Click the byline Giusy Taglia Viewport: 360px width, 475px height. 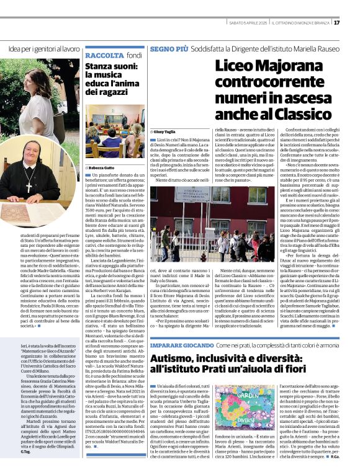coord(166,132)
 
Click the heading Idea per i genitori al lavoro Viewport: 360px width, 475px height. coord(44,48)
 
